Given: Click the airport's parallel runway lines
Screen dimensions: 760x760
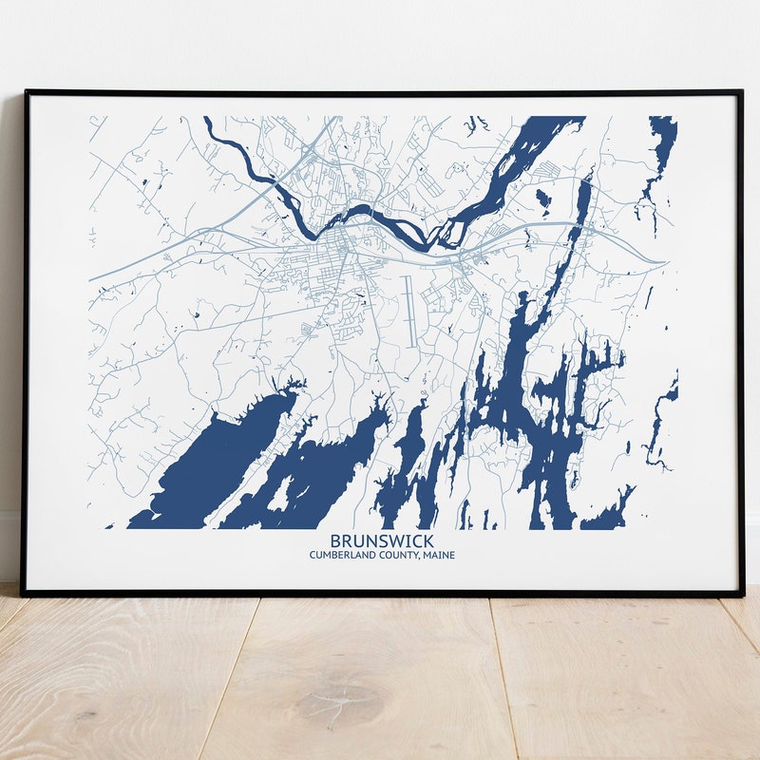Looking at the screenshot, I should pos(409,310).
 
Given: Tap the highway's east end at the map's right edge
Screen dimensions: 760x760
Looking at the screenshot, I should pos(664,262).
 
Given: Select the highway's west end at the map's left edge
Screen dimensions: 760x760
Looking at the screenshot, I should pos(92,280).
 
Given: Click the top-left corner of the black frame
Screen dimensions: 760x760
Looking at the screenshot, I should pos(27,92).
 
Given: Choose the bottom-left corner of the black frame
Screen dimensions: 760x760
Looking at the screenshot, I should pos(24,594).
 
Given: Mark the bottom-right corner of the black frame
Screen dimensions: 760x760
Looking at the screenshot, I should pos(741,594).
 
